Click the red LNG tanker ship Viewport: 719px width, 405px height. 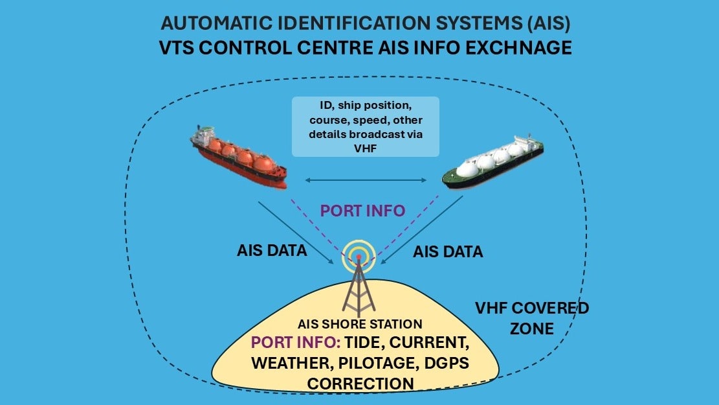click(239, 159)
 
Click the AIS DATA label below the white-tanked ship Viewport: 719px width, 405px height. click(448, 251)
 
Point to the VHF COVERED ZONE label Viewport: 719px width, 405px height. click(531, 318)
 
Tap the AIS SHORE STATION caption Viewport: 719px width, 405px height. click(359, 324)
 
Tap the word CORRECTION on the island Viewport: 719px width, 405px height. click(360, 383)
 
